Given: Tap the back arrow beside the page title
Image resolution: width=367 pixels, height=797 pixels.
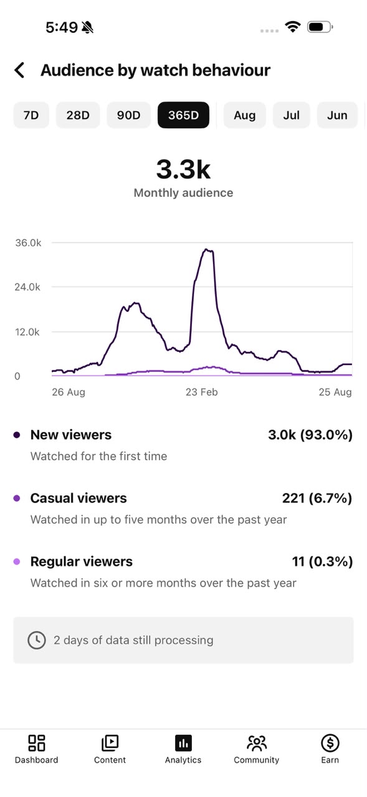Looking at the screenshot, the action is pos(19,70).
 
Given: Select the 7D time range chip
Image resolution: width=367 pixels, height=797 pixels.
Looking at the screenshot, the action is pos(31,115).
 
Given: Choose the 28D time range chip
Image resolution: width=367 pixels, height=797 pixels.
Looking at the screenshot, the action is pos(78,115).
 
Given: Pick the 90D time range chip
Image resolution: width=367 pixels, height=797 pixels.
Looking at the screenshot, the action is pos(128,115).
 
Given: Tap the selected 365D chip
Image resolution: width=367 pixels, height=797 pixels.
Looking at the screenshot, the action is pos(183,115).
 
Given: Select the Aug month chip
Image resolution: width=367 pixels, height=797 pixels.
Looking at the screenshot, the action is pos(244,115).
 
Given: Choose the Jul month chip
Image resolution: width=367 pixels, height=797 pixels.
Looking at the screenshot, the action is pos(291,115).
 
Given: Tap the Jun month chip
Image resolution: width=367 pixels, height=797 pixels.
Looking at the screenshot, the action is pos(337,115).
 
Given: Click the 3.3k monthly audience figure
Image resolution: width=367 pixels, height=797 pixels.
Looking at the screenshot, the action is pos(183,169).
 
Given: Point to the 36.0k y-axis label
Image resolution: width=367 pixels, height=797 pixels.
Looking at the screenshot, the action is pos(28,243).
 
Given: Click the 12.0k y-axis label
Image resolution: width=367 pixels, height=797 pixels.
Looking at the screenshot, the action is pos(27,332).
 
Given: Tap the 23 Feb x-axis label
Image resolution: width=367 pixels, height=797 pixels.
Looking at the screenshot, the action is pos(201,392).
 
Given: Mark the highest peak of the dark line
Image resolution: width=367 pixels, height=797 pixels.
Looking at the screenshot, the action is pos(206,250).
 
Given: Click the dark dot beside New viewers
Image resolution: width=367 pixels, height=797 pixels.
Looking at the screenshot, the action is pos(17,435).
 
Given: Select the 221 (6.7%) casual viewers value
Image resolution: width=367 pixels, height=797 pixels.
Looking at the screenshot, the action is pos(317,498).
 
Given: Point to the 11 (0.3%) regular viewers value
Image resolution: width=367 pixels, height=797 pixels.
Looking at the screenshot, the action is pos(323,562).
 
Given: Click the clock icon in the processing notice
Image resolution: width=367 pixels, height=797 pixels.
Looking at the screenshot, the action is pos(37,640).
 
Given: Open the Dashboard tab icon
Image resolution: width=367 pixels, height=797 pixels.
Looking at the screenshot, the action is pos(36,743).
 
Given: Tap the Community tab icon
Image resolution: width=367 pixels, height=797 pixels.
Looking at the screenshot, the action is pos(256,743).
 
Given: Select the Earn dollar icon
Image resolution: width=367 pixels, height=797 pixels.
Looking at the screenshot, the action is pos(330,743).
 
